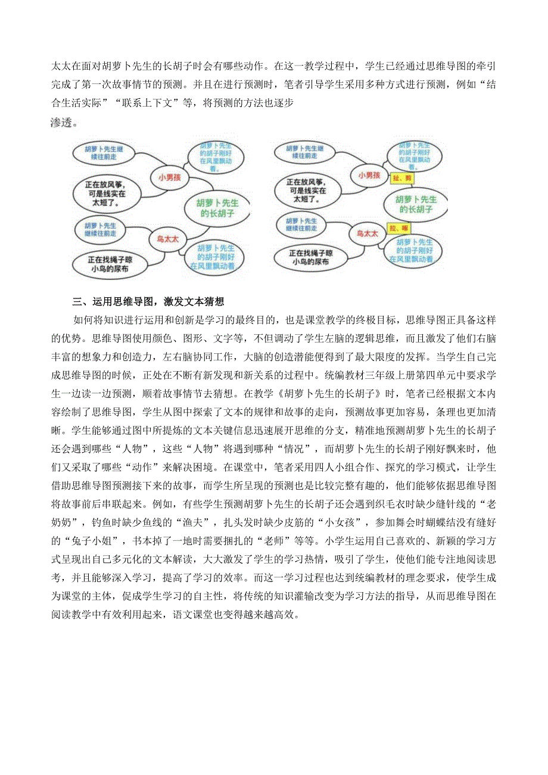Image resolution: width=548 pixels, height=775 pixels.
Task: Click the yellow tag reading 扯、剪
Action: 400,178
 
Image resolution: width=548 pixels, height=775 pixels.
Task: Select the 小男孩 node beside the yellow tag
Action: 369,175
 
